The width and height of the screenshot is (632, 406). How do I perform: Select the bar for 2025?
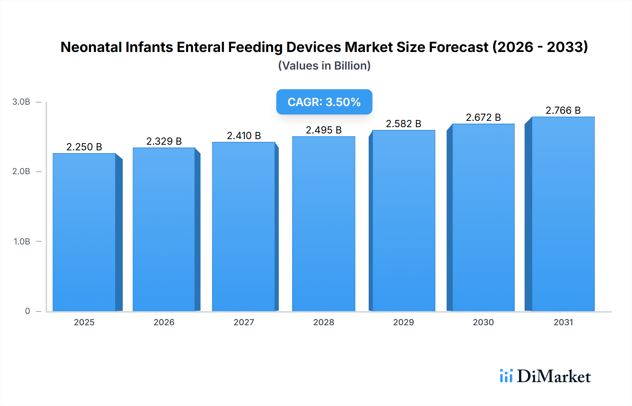point(84,232)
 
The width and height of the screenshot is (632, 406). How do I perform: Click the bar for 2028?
point(324,225)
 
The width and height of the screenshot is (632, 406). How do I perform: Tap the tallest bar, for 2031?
point(563,214)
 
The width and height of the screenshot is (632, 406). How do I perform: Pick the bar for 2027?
point(244,227)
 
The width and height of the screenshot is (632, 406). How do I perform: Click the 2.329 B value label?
point(164,141)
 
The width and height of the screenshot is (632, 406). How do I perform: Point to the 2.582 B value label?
point(403,124)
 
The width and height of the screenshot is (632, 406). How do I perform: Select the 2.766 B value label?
point(563,110)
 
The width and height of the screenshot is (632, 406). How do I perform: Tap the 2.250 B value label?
point(84,147)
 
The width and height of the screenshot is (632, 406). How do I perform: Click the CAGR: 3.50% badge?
point(324,102)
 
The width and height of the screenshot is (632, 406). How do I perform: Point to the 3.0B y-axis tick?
point(21,102)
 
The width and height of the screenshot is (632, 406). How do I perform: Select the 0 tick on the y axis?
point(27,311)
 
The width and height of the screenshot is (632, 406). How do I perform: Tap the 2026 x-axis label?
point(164,322)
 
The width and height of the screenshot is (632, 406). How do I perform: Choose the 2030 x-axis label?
point(483,322)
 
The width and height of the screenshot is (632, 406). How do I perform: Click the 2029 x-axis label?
point(403,322)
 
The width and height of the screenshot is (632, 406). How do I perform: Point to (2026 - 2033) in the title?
point(540,47)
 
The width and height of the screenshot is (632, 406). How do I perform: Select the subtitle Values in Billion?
point(324,66)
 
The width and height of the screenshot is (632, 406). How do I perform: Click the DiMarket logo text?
point(554,376)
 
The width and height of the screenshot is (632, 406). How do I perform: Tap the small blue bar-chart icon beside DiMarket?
point(506,376)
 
